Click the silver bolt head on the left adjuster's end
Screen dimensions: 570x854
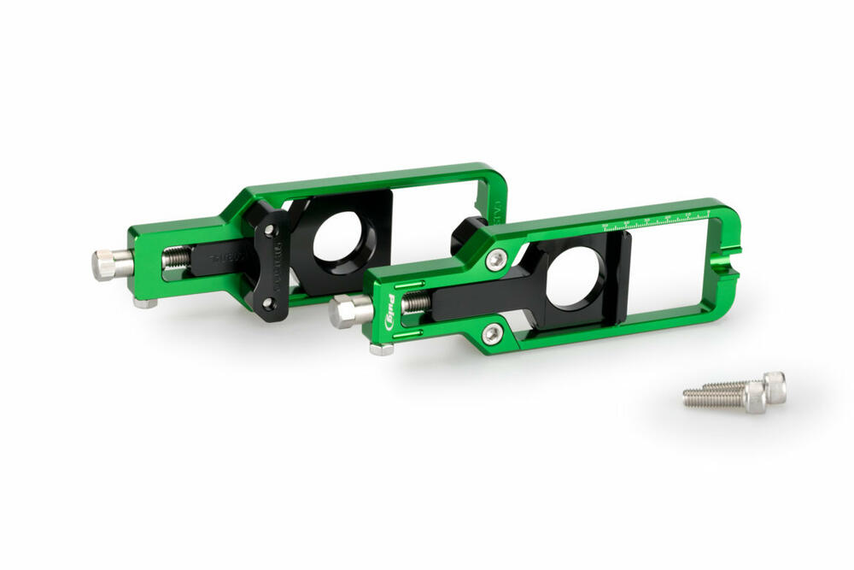[107, 265]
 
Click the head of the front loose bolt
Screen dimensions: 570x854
[754, 398]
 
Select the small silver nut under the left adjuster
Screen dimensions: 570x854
[144, 302]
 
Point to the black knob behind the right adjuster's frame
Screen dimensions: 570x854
[469, 232]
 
